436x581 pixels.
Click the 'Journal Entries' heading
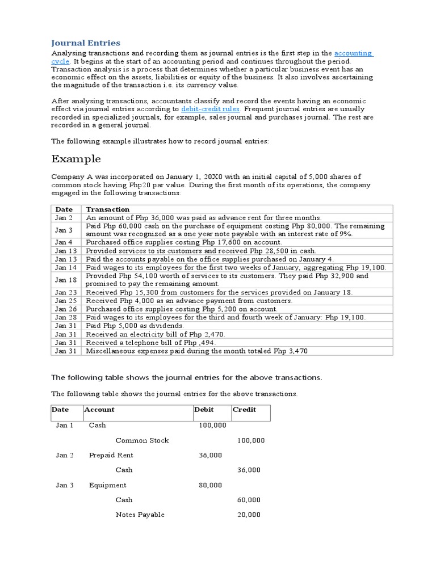pos(86,43)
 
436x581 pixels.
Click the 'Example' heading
pos(76,158)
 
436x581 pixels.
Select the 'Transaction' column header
pos(108,209)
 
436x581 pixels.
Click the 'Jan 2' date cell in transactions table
pos(64,217)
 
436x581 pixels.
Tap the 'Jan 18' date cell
pos(64,280)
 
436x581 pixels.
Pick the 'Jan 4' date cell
pos(64,242)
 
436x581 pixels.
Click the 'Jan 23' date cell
pos(64,292)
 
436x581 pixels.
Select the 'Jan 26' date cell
pos(64,309)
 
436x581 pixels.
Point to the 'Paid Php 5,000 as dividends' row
pos(135,326)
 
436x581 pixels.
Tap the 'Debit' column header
pos(204,410)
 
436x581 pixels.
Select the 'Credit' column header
pos(244,410)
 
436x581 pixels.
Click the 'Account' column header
pos(99,410)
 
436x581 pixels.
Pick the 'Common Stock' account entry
pos(142,440)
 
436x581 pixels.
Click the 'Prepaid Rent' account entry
pos(111,455)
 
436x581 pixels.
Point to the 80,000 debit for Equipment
pos(211,485)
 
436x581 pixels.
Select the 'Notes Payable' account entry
pos(140,515)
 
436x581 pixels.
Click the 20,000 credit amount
pos(249,515)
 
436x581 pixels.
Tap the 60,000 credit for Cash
pos(249,500)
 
